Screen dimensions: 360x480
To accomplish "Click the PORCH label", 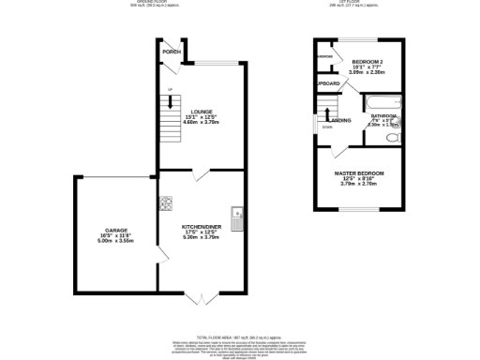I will click(x=172, y=52).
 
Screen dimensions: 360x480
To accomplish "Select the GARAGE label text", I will click(x=116, y=230).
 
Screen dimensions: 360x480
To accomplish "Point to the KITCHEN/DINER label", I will click(x=202, y=226).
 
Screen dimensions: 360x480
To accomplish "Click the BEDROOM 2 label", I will click(x=367, y=60).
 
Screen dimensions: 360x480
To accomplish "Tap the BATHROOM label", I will click(x=384, y=118).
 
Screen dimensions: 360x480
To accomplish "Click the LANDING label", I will click(x=341, y=120).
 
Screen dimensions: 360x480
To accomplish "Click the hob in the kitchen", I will click(x=165, y=203).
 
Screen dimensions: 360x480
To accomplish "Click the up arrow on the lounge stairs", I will click(x=170, y=90).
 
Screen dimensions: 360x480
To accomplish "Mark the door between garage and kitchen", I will click(x=159, y=254).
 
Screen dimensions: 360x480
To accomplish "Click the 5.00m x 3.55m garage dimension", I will click(x=116, y=241).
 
